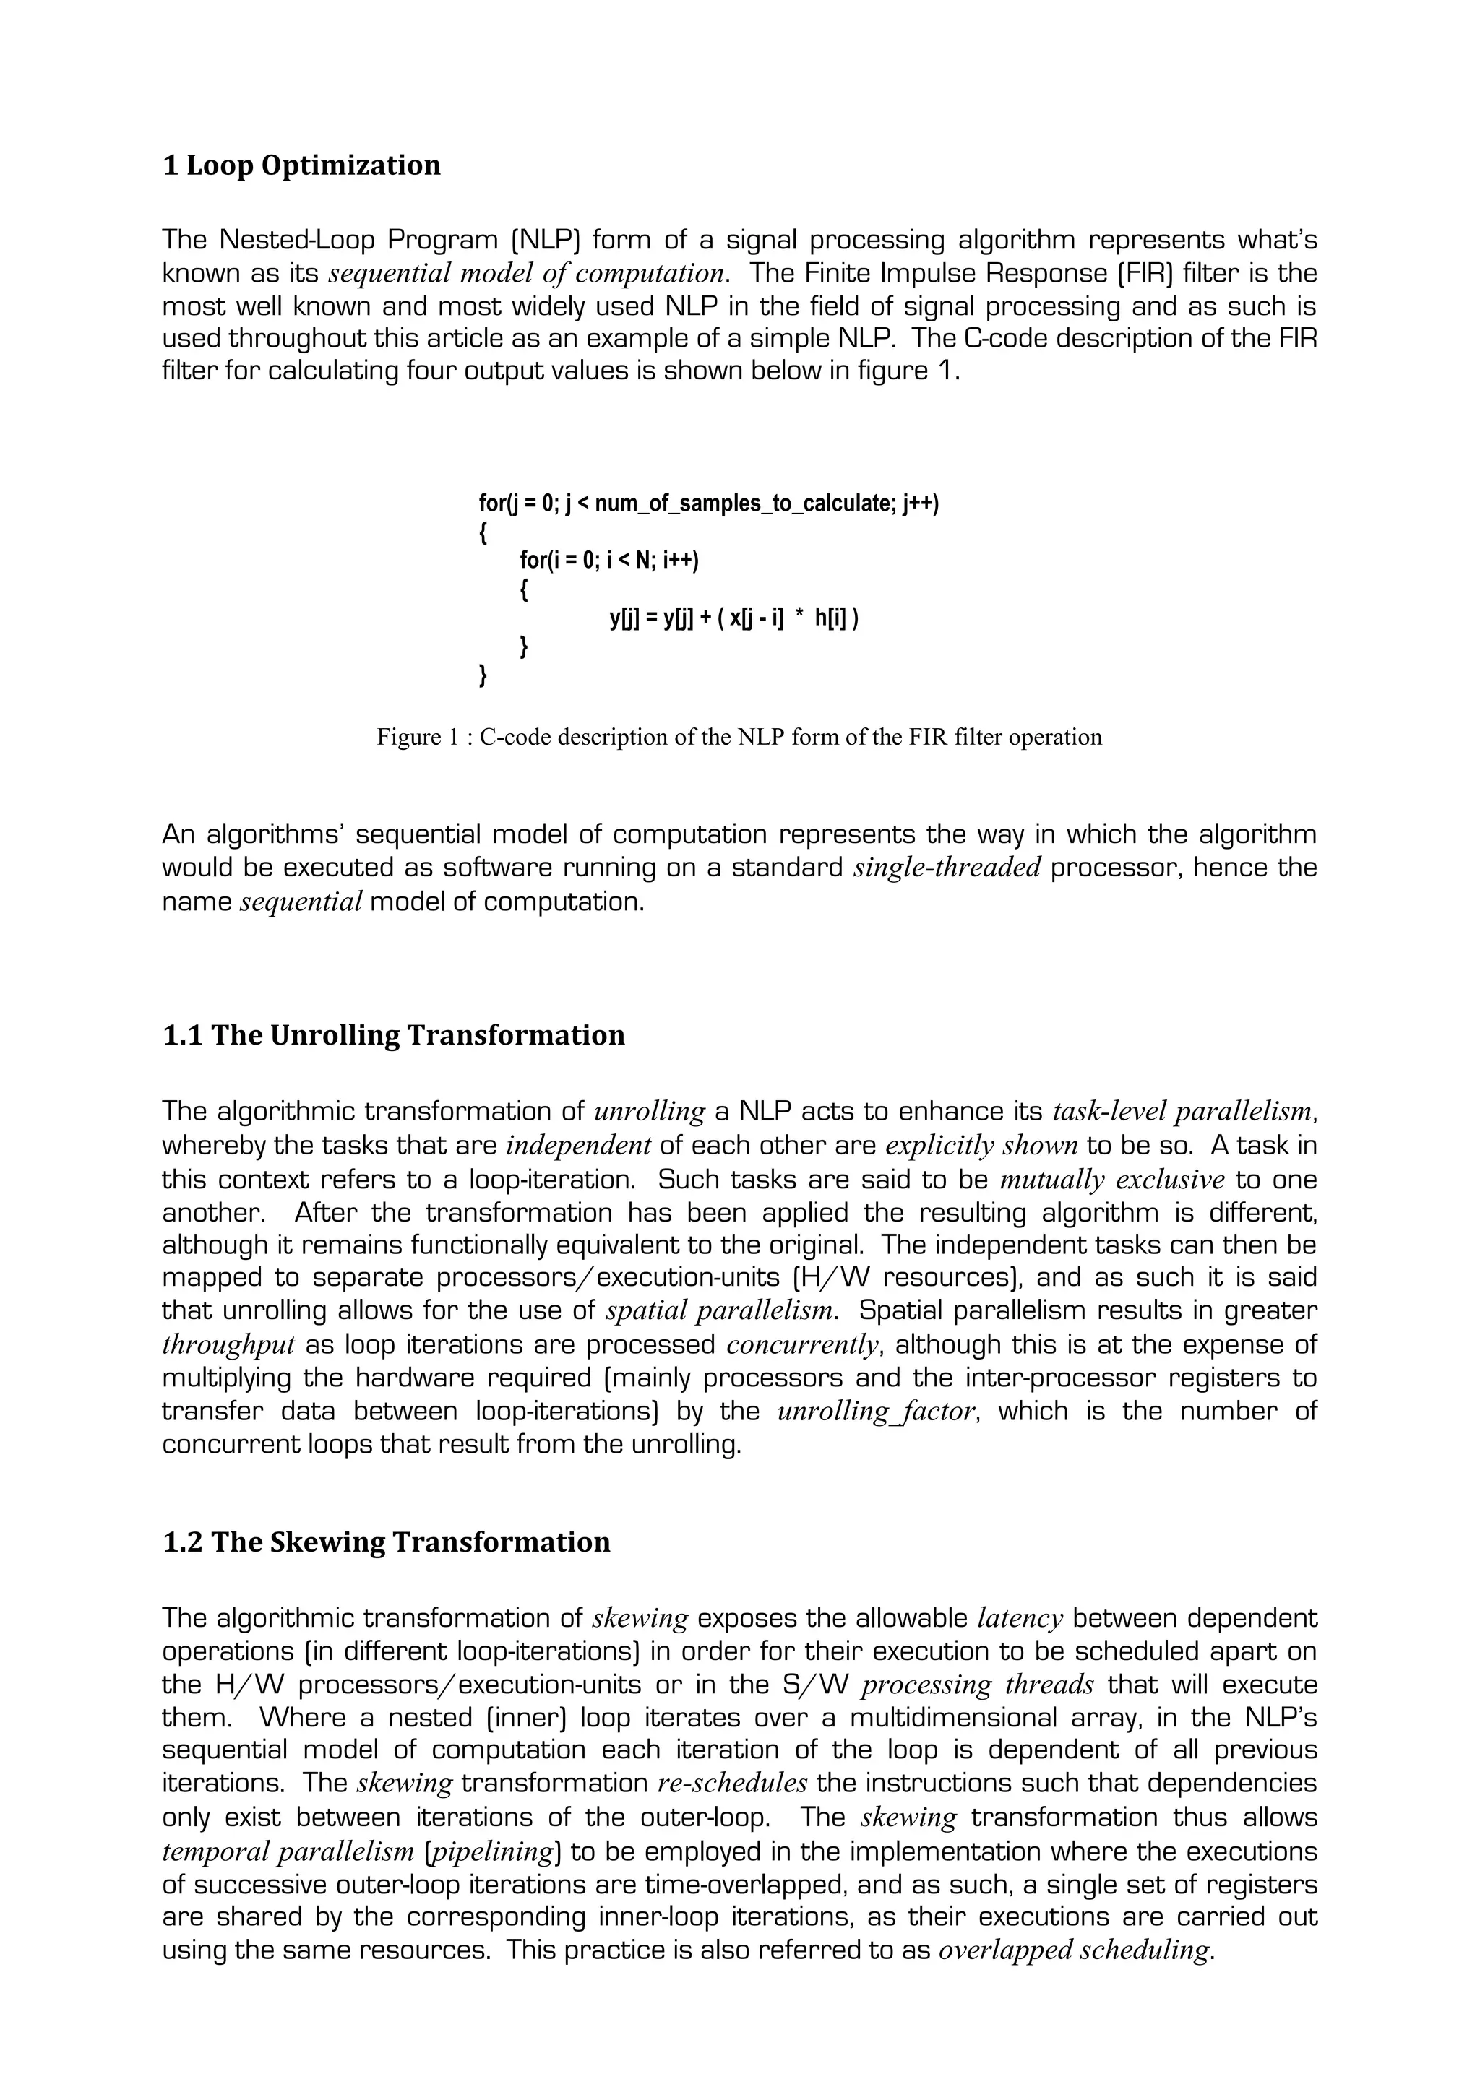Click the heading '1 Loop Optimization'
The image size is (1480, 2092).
click(x=301, y=166)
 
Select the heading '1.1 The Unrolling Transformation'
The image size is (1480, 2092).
click(x=393, y=1036)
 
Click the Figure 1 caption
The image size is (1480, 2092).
click(x=739, y=737)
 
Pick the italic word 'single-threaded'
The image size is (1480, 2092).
click(x=947, y=868)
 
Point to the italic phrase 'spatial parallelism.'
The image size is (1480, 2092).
click(x=722, y=1311)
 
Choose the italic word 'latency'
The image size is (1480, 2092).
click(x=1020, y=1619)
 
